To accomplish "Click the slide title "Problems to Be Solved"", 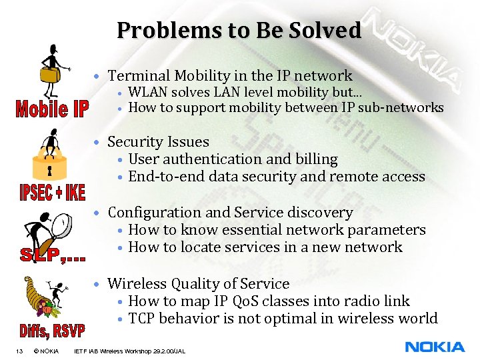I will point(239,31).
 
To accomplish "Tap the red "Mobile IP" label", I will point(52,109).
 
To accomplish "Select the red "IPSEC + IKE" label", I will point(51,192).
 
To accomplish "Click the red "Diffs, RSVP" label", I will point(51,331).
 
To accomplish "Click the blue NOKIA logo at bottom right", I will point(435,347).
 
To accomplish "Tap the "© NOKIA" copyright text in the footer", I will point(45,351).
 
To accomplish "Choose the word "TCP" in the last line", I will point(141,319).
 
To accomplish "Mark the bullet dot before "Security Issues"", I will point(97,143).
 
